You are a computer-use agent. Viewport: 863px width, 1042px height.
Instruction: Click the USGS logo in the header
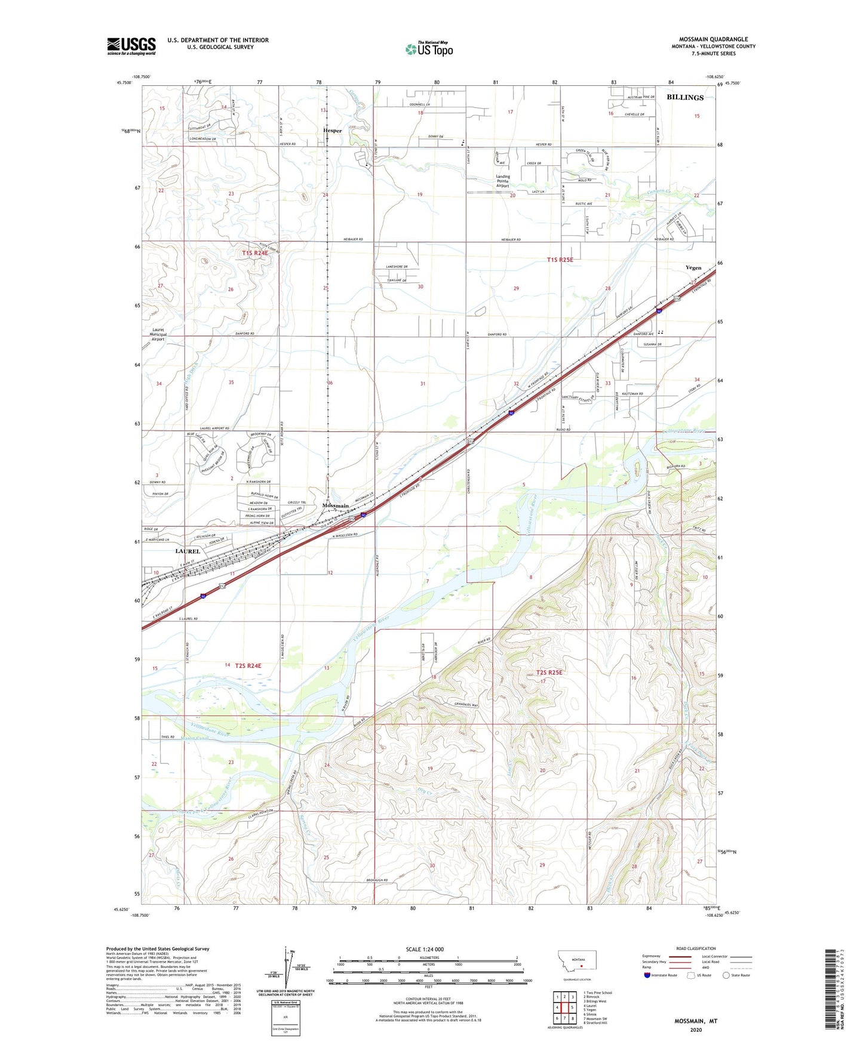point(131,46)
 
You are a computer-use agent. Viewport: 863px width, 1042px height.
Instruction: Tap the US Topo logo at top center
point(429,48)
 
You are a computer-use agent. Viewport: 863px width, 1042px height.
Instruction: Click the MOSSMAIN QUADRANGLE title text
point(713,39)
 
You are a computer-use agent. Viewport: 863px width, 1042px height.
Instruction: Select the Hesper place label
point(333,130)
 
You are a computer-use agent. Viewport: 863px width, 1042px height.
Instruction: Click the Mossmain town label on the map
point(335,505)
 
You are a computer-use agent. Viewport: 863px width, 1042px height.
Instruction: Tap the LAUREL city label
point(188,551)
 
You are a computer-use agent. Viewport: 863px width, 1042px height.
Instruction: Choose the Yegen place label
point(693,267)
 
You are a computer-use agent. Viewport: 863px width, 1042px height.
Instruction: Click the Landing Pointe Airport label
point(503,181)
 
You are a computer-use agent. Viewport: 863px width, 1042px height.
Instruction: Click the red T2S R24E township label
point(248,665)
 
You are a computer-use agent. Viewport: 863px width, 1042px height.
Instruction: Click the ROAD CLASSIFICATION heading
point(696,948)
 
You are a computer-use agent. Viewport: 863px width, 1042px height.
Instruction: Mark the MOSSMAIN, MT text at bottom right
point(696,1021)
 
